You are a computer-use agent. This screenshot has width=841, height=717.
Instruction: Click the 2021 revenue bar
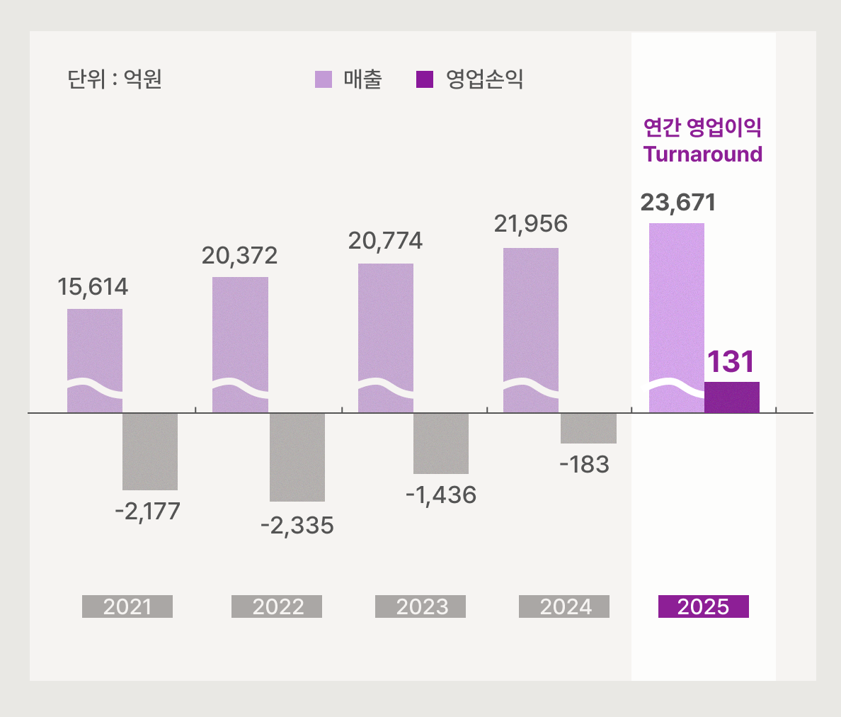pyautogui.click(x=95, y=361)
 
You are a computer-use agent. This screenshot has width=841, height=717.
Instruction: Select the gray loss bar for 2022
pyautogui.click(x=297, y=457)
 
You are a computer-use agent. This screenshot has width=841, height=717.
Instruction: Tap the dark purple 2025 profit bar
pyautogui.click(x=731, y=397)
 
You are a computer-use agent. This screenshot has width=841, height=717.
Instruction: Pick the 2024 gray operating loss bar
pyautogui.click(x=588, y=428)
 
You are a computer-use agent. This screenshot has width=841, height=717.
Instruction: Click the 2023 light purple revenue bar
pyautogui.click(x=386, y=338)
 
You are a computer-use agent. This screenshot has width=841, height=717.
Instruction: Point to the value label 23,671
pyautogui.click(x=678, y=203)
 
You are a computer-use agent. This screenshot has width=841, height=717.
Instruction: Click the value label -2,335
pyautogui.click(x=297, y=526)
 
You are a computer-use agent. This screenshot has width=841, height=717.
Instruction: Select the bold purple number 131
pyautogui.click(x=731, y=362)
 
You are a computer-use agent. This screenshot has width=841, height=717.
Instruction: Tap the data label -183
pyautogui.click(x=584, y=465)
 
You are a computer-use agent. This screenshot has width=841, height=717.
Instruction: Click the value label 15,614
pyautogui.click(x=93, y=287)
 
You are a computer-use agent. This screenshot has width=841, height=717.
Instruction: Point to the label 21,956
pyautogui.click(x=530, y=224)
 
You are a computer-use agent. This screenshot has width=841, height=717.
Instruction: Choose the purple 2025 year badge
pyautogui.click(x=703, y=606)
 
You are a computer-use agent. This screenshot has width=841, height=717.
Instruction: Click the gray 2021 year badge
pyautogui.click(x=127, y=606)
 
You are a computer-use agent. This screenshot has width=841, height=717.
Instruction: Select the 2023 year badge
pyautogui.click(x=420, y=606)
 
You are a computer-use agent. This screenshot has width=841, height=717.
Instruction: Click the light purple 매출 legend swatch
pyautogui.click(x=324, y=79)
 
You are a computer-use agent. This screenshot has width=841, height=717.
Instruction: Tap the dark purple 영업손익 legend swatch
pyautogui.click(x=425, y=79)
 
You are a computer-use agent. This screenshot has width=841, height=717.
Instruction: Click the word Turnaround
pyautogui.click(x=703, y=154)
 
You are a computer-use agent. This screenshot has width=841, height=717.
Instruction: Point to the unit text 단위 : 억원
pyautogui.click(x=115, y=79)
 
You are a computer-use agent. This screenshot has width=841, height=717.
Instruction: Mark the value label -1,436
pyautogui.click(x=441, y=495)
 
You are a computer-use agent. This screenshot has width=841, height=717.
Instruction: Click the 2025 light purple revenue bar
pyautogui.click(x=676, y=317)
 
